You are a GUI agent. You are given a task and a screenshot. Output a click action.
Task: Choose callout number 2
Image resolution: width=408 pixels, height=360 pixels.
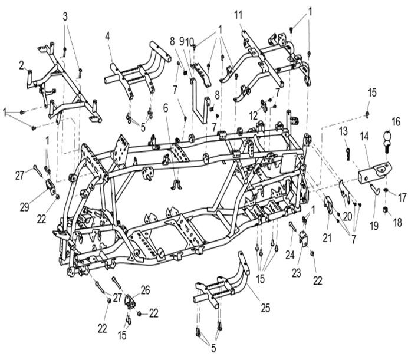click(22, 64)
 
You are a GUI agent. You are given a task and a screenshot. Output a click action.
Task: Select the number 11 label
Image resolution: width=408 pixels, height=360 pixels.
click(238, 14)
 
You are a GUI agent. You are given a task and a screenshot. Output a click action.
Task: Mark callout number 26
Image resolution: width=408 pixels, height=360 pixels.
click(144, 289)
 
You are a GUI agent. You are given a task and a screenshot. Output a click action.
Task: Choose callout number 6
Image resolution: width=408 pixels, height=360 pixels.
click(166, 108)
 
